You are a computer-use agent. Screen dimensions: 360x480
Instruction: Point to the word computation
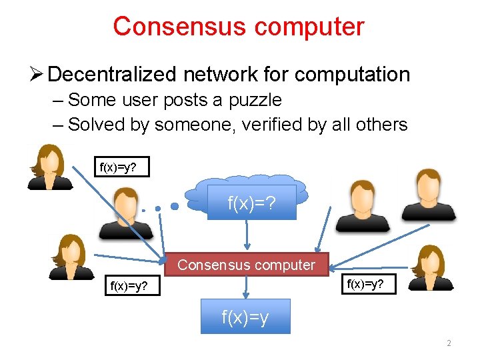coord(352,75)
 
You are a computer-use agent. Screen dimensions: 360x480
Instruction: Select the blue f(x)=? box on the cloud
coord(251,203)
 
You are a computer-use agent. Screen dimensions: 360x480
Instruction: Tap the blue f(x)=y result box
coord(245,317)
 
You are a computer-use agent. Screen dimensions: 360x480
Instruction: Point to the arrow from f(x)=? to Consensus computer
coord(247,235)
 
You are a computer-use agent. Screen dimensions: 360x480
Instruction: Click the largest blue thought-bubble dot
coord(175,206)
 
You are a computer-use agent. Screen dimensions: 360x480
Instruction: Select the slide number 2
coord(448,343)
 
